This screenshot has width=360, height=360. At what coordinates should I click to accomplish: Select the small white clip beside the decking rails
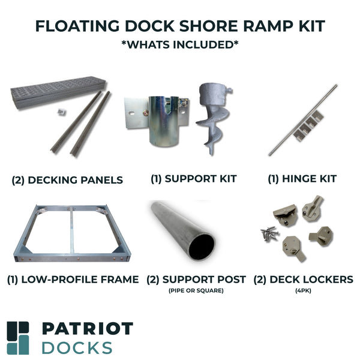coord(61,112)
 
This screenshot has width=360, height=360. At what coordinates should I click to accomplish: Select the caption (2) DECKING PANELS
coord(67,179)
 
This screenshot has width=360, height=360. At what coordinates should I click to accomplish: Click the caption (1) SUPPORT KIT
coord(194,179)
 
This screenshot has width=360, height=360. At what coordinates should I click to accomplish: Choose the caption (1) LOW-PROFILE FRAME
coord(73,279)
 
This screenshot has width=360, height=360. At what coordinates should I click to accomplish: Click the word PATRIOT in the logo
coord(88,329)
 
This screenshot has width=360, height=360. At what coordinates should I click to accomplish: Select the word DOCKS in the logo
coord(77,347)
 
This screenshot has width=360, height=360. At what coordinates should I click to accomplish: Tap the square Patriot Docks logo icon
coord(18,338)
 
